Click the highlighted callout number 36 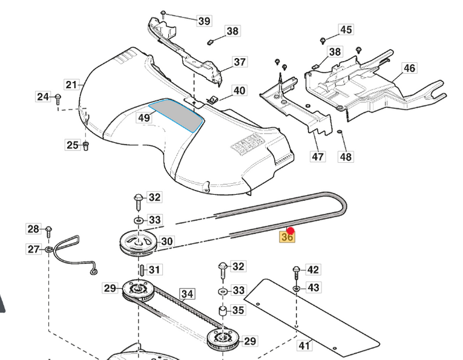287,238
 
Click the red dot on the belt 291,231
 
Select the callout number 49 143,117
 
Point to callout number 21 72,85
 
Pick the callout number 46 410,68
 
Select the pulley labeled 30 137,243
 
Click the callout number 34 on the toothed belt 188,294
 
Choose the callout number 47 318,157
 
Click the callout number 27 33,249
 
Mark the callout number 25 73,145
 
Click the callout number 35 238,310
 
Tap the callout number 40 240,91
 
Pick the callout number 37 240,62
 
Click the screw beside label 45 323,40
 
